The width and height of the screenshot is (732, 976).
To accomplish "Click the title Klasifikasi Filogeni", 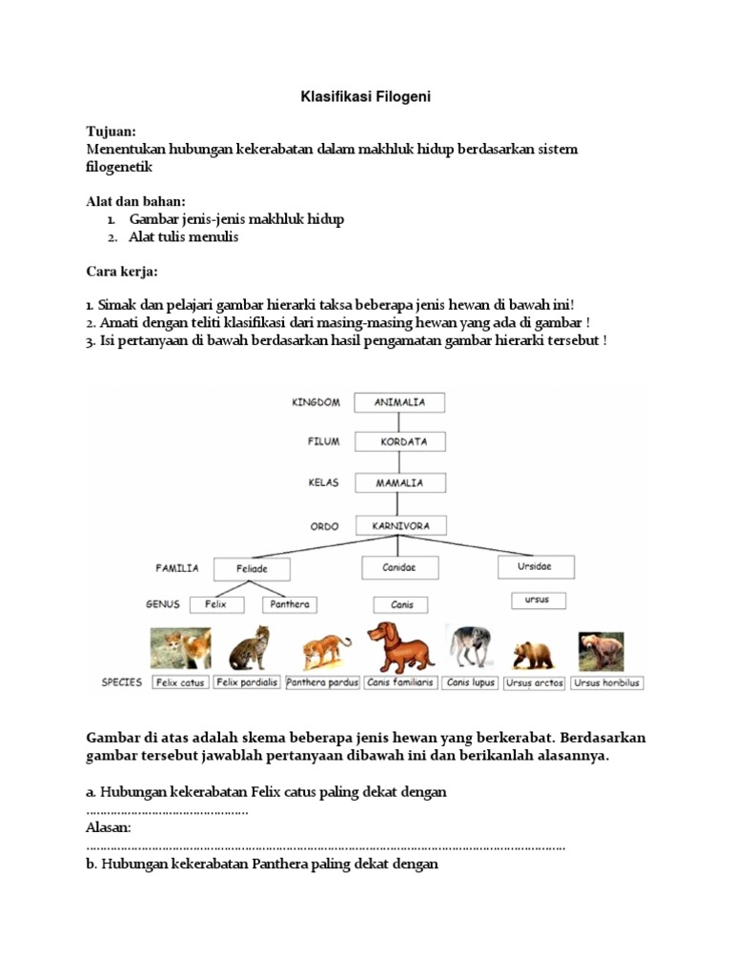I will [367, 96].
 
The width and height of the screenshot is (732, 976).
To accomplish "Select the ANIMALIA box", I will [399, 402].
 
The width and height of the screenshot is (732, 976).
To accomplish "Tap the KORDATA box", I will [399, 442].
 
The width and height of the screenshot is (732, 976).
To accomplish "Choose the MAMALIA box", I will [399, 482].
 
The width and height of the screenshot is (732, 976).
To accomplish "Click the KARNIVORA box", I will [400, 525].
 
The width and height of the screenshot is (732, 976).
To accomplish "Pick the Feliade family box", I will [251, 569].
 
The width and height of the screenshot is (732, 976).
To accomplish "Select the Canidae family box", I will [400, 566].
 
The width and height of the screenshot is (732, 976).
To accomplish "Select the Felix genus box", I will [215, 604].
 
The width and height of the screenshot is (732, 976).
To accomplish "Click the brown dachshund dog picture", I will [398, 647].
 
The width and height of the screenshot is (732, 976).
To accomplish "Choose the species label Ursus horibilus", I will [608, 682].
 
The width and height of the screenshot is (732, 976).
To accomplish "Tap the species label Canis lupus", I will [469, 682].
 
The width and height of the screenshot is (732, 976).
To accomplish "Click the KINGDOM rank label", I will [315, 402].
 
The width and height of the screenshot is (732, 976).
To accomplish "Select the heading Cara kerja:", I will [122, 272].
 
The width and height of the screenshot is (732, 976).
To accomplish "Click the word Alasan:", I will [109, 827].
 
